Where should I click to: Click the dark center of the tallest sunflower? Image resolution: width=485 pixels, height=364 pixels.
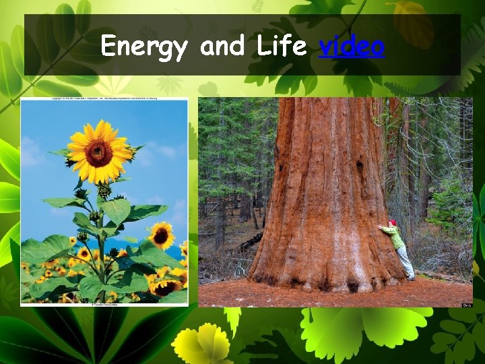99,152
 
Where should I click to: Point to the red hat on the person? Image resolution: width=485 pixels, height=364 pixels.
392,223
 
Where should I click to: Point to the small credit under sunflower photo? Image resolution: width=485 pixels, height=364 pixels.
104,303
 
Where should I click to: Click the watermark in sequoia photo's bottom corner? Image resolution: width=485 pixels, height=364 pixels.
467,304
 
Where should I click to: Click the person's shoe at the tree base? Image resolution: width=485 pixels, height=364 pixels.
410,277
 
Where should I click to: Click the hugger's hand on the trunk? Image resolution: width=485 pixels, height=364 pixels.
381,226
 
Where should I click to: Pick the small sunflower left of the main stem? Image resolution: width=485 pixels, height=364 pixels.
84,253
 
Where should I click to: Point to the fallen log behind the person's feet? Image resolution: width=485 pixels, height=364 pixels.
438,275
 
